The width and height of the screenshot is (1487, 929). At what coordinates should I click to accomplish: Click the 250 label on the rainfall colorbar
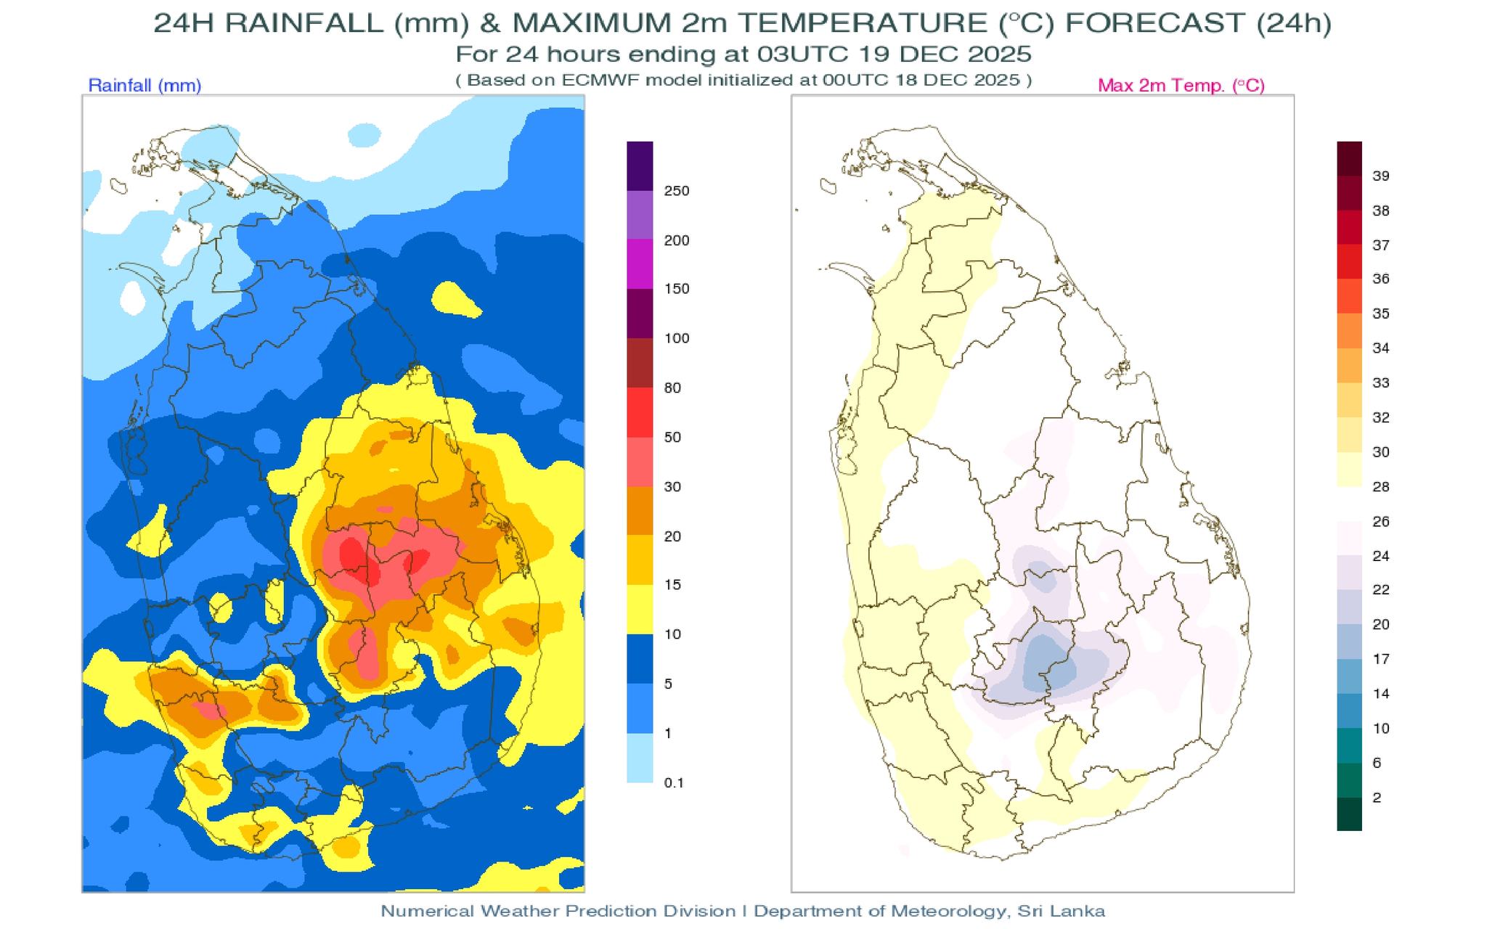tap(676, 191)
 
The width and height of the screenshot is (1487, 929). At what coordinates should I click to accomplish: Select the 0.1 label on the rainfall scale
tap(674, 782)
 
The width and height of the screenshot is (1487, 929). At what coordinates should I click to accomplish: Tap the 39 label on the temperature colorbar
tap(1381, 176)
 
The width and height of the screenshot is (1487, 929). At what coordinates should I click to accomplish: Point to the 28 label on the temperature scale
tap(1381, 487)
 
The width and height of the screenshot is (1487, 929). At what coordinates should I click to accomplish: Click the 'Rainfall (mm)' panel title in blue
tap(144, 86)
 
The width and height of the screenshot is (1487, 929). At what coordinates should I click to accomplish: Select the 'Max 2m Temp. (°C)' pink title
tap(1181, 86)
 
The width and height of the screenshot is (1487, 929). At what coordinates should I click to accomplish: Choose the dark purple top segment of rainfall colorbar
tap(640, 166)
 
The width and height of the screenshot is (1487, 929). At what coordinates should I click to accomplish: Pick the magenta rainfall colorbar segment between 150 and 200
tap(640, 265)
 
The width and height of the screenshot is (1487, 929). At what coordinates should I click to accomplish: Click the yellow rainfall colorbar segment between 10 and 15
tap(640, 610)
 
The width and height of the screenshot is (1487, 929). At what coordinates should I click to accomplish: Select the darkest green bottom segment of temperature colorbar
tap(1349, 814)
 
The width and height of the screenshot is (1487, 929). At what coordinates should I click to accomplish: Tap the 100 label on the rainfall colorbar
tap(676, 338)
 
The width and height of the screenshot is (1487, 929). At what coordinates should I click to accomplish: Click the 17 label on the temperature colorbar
tap(1381, 659)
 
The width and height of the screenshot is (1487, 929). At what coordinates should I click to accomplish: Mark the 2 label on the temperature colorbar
tap(1377, 798)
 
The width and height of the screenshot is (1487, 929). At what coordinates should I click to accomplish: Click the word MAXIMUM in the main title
tap(590, 23)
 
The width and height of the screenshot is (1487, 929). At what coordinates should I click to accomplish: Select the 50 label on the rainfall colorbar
tap(672, 437)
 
